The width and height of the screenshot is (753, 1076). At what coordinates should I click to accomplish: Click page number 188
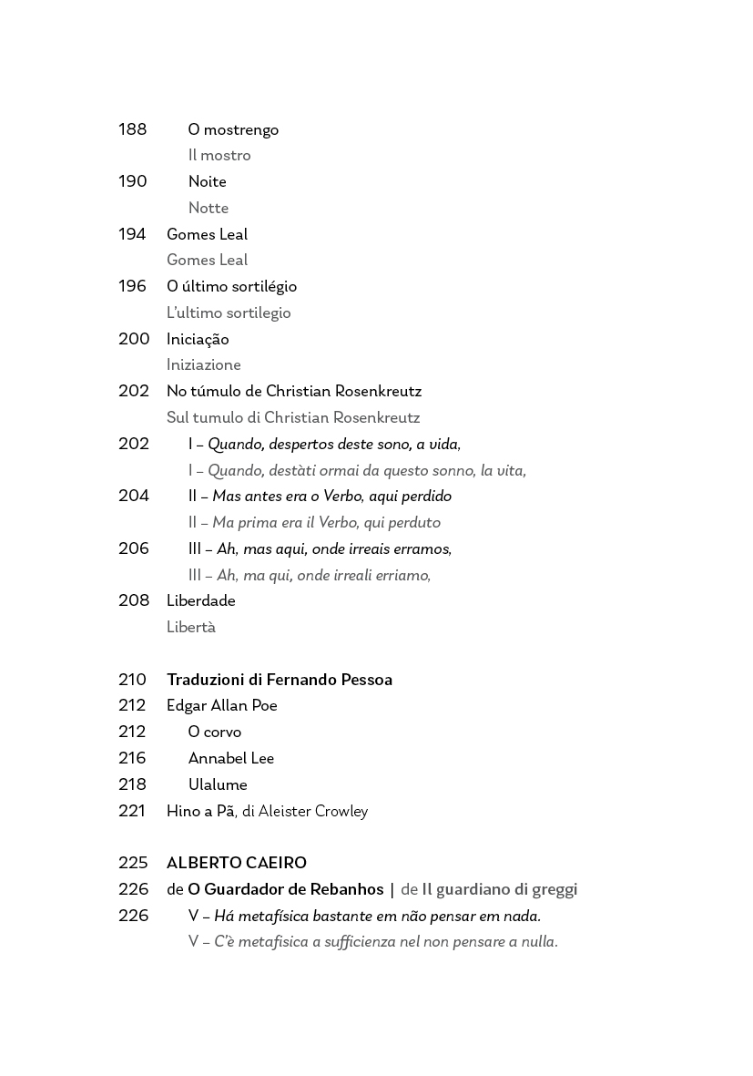click(x=132, y=129)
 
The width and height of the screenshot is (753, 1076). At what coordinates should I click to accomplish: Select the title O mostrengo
click(x=233, y=130)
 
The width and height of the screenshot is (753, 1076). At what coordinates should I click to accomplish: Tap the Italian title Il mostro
click(x=219, y=156)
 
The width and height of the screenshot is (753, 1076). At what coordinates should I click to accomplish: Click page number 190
click(x=132, y=181)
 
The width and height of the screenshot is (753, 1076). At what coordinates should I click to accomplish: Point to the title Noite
click(x=207, y=182)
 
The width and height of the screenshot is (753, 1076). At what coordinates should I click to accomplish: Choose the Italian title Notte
click(x=209, y=209)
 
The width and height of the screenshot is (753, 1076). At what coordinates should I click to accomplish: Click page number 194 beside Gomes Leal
click(x=132, y=234)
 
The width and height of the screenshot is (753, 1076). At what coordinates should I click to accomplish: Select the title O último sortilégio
click(x=231, y=287)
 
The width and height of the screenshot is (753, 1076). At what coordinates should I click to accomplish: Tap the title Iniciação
click(x=198, y=340)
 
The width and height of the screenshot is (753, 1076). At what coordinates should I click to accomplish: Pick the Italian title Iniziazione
click(x=203, y=365)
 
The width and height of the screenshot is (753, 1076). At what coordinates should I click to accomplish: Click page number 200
click(x=133, y=339)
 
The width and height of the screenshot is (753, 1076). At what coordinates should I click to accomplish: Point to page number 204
click(x=133, y=496)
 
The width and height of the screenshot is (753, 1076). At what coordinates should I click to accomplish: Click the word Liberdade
click(x=200, y=601)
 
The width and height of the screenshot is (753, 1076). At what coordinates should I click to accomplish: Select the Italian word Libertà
click(x=191, y=628)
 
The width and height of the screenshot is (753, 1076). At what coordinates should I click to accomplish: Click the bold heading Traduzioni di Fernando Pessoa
click(x=279, y=680)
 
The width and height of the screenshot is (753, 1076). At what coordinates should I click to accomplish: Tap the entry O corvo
click(x=215, y=733)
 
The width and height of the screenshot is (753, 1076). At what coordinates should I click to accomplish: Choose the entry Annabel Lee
click(x=230, y=759)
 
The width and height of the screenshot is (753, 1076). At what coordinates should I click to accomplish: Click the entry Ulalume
click(x=218, y=785)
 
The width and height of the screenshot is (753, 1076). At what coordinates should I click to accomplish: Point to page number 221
click(x=132, y=811)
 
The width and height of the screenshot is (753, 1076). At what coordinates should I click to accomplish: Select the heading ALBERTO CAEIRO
click(x=236, y=863)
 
